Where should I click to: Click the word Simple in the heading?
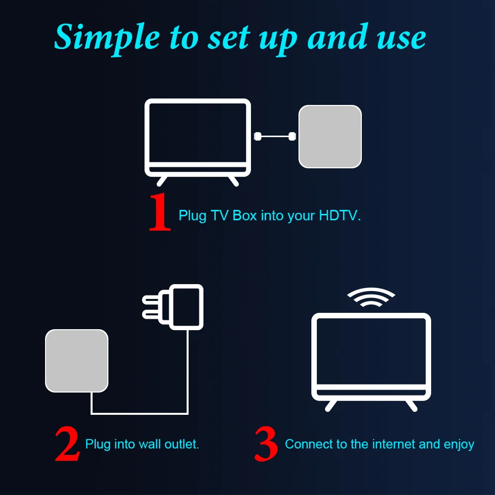pyautogui.click(x=107, y=37)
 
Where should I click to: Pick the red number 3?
pyautogui.click(x=266, y=444)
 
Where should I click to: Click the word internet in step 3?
pyautogui.click(x=390, y=444)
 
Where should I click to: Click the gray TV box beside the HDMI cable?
pyautogui.click(x=330, y=137)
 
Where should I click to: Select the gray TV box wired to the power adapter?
pyautogui.click(x=77, y=361)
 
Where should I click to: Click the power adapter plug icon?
pyautogui.click(x=178, y=307)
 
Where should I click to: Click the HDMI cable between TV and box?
pyautogui.click(x=275, y=136)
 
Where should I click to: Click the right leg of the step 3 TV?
pyautogui.click(x=411, y=405)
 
